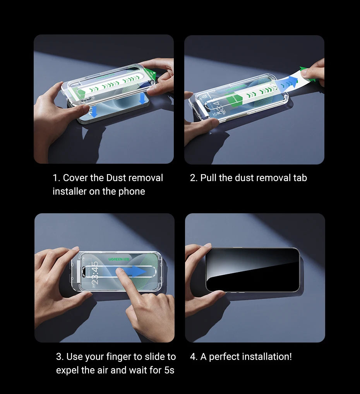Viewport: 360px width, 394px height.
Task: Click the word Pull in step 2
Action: click(208, 178)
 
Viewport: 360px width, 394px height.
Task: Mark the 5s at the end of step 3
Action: click(169, 370)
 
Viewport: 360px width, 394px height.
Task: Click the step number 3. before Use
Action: click(60, 357)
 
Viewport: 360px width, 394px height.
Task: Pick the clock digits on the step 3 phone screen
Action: click(94, 272)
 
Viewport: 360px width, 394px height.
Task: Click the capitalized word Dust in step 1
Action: click(116, 178)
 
